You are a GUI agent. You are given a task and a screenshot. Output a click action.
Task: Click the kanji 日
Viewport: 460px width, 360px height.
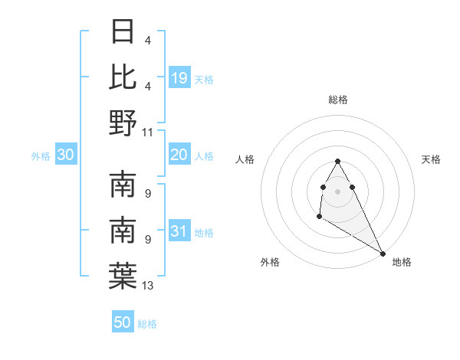(x=123, y=32)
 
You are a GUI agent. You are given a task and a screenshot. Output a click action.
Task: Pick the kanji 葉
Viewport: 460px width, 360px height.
(x=123, y=277)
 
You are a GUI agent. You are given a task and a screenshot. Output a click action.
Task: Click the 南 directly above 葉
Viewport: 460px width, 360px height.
(x=123, y=231)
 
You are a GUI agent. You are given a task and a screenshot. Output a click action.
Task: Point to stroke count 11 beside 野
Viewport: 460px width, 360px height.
(x=148, y=132)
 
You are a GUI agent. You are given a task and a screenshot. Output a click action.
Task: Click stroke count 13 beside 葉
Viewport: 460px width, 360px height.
(x=148, y=286)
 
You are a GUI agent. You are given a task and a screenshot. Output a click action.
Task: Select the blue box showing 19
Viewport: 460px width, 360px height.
(x=179, y=77)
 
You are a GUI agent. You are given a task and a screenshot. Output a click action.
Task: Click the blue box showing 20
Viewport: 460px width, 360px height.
(x=179, y=155)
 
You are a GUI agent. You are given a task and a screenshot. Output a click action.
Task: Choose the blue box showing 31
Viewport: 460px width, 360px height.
(x=179, y=232)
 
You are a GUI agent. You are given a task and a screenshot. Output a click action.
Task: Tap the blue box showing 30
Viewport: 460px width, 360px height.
(x=65, y=155)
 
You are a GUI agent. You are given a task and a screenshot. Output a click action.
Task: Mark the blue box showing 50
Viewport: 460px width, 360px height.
(x=123, y=323)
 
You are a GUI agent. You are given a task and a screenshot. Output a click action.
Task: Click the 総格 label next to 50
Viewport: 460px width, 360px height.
(x=147, y=325)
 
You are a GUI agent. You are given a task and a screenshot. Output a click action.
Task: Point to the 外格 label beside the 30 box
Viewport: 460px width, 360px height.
(x=41, y=156)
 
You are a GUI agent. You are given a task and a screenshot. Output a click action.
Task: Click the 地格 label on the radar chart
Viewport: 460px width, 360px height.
(x=402, y=262)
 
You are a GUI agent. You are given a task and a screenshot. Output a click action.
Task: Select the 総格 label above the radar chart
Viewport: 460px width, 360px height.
(x=338, y=100)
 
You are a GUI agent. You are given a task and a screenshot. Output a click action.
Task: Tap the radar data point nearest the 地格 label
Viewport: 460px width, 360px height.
(x=383, y=254)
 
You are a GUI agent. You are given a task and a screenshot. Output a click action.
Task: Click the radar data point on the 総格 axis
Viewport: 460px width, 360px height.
(x=338, y=161)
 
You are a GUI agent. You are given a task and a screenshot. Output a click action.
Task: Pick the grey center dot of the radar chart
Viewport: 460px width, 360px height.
(x=338, y=190)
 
